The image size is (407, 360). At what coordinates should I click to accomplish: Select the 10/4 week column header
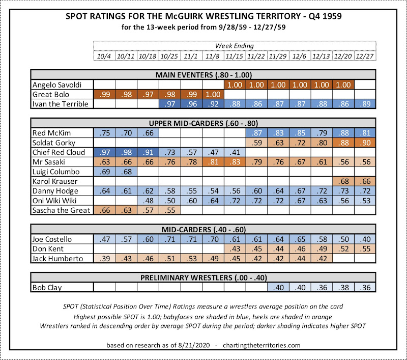click(104, 56)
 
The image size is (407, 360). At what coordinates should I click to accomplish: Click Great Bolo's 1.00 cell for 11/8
click(213, 95)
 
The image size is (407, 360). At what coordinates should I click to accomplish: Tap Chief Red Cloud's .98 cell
click(126, 153)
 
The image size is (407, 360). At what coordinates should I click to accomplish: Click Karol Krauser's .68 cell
click(344, 182)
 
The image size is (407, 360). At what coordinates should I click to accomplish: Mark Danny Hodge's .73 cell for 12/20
click(344, 191)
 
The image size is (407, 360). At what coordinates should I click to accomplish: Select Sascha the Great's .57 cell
click(148, 210)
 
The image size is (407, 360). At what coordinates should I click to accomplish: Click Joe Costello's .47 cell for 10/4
click(104, 239)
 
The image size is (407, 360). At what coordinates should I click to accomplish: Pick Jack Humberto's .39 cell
click(104, 258)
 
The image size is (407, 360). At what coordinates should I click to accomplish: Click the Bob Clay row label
click(47, 287)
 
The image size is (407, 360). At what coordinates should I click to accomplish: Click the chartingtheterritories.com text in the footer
click(259, 345)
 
